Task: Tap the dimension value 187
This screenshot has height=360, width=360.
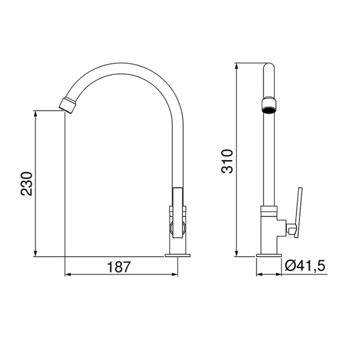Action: (x=119, y=266)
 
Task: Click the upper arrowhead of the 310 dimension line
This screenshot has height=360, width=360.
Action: (x=236, y=65)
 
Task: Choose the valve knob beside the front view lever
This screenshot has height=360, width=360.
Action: (x=290, y=229)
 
